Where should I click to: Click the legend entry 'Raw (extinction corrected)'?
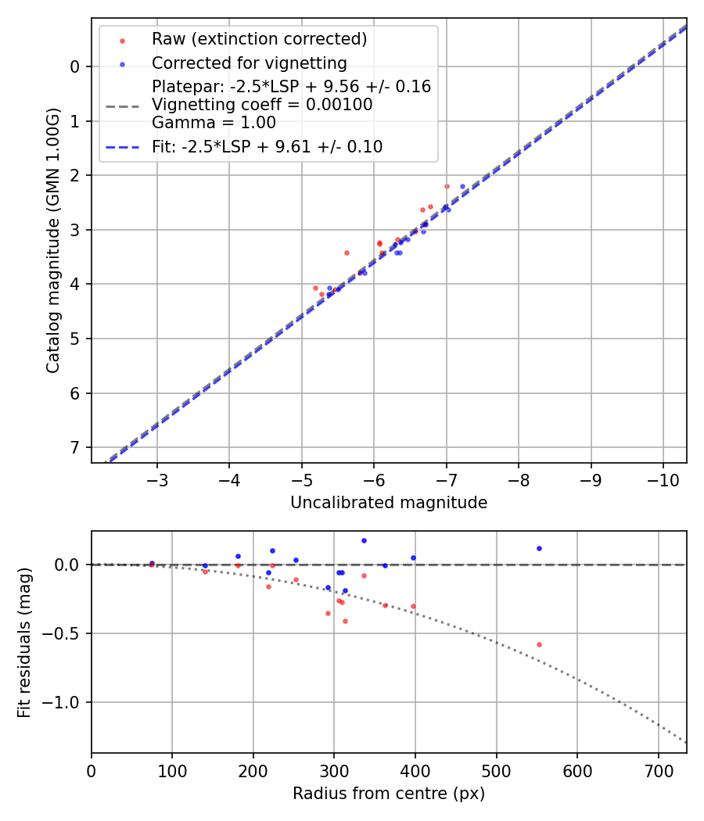point(259,39)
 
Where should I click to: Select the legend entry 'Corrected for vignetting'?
point(249,63)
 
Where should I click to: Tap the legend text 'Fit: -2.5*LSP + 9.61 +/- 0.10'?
point(267,146)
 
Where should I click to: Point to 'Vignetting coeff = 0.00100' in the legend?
point(262,105)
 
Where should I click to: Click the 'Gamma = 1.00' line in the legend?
point(214,122)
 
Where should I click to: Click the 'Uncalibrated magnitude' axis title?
point(389,503)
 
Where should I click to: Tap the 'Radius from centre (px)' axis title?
point(389,794)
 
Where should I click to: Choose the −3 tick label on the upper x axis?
point(157,478)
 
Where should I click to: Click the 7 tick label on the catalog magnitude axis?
point(75,447)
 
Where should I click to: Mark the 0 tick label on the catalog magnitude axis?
point(75,66)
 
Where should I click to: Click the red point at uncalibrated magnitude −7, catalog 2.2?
point(447,186)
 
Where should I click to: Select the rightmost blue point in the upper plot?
point(462,186)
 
